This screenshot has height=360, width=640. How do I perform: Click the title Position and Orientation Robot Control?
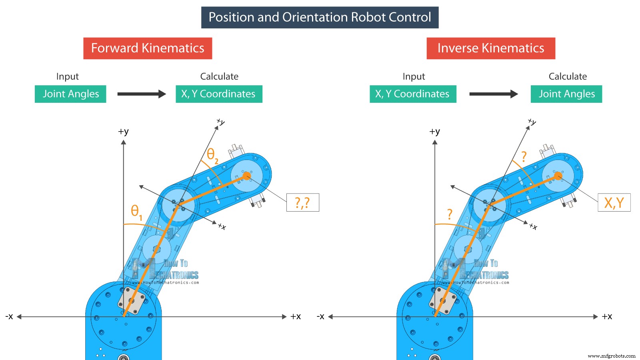click(x=320, y=17)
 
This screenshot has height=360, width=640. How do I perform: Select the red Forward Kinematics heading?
click(x=148, y=48)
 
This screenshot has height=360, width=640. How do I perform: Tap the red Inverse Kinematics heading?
click(x=491, y=48)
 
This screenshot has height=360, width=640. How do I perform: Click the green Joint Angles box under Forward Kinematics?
click(x=70, y=94)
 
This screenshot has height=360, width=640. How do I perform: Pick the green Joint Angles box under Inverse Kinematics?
click(x=566, y=94)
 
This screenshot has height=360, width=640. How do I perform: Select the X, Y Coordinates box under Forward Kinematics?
click(x=219, y=94)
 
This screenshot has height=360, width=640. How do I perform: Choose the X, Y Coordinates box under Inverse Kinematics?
click(x=413, y=94)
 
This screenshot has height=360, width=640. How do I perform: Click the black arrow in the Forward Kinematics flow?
click(x=142, y=94)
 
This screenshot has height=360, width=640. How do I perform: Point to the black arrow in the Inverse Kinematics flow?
click(x=494, y=94)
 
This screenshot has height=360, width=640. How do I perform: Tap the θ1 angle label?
click(x=136, y=212)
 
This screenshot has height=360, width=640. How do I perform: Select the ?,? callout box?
click(x=302, y=202)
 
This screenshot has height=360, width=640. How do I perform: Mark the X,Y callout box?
click(x=614, y=202)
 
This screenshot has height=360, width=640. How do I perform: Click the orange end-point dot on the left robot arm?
click(x=247, y=176)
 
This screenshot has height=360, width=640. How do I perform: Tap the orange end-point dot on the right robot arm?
click(x=558, y=176)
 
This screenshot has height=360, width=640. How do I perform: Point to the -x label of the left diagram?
click(x=9, y=316)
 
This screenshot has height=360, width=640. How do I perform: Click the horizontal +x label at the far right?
click(x=607, y=316)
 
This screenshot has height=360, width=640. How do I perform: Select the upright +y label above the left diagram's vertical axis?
click(x=123, y=131)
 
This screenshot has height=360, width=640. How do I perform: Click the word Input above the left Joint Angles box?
click(x=67, y=76)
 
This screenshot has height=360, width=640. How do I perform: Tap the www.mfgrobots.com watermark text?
click(x=612, y=356)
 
